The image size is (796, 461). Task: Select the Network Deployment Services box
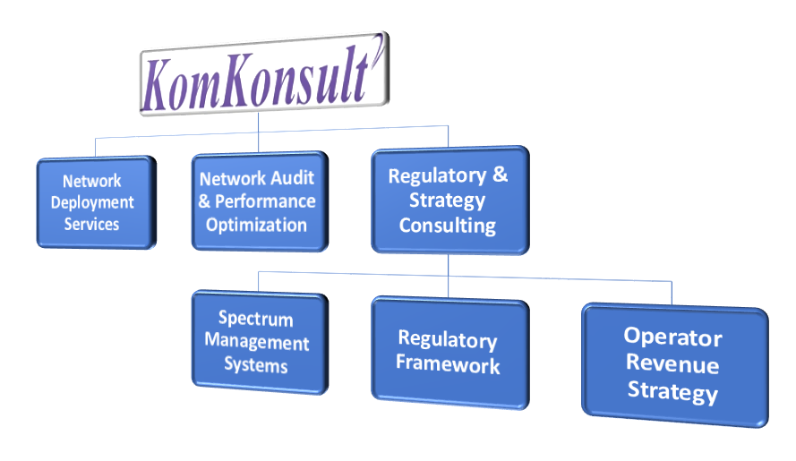tap(96, 202)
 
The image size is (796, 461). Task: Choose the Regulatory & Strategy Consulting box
tap(449, 200)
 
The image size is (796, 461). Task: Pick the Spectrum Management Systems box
tap(258, 342)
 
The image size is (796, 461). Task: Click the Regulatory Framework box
tap(449, 352)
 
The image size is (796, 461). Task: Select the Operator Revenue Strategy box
tap(673, 363)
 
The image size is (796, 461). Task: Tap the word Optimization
tap(257, 224)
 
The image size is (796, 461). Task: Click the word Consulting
tap(448, 225)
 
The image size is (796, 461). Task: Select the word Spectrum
tap(255, 319)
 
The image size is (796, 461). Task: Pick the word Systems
tap(256, 365)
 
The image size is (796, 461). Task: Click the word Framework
tap(448, 364)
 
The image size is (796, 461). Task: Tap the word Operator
tap(672, 337)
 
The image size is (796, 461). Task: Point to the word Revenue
tap(672, 364)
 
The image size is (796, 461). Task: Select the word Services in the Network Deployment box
tap(91, 224)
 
